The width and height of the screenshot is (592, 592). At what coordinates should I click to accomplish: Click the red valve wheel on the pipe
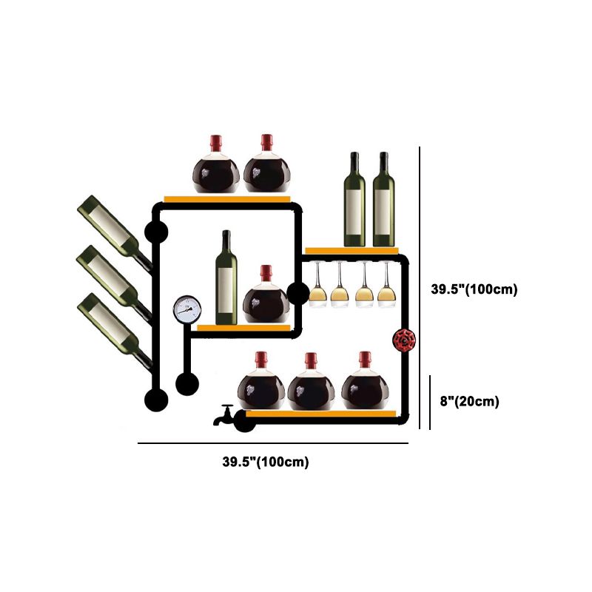(x=404, y=341)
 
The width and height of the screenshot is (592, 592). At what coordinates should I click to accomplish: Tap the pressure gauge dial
(x=186, y=309)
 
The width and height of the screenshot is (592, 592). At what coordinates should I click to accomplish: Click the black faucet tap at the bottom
(x=223, y=416)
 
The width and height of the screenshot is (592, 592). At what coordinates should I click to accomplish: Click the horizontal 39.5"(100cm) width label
(x=266, y=462)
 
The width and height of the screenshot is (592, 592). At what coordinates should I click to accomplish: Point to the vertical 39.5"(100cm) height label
(x=474, y=289)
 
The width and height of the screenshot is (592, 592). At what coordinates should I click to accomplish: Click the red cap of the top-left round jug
(x=215, y=142)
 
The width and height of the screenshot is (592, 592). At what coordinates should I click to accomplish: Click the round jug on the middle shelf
(x=266, y=297)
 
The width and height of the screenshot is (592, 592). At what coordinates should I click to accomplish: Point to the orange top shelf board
(x=226, y=198)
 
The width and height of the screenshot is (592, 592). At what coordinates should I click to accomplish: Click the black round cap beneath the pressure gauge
(x=186, y=384)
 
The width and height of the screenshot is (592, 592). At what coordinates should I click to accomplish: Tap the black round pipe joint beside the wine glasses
(x=297, y=294)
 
